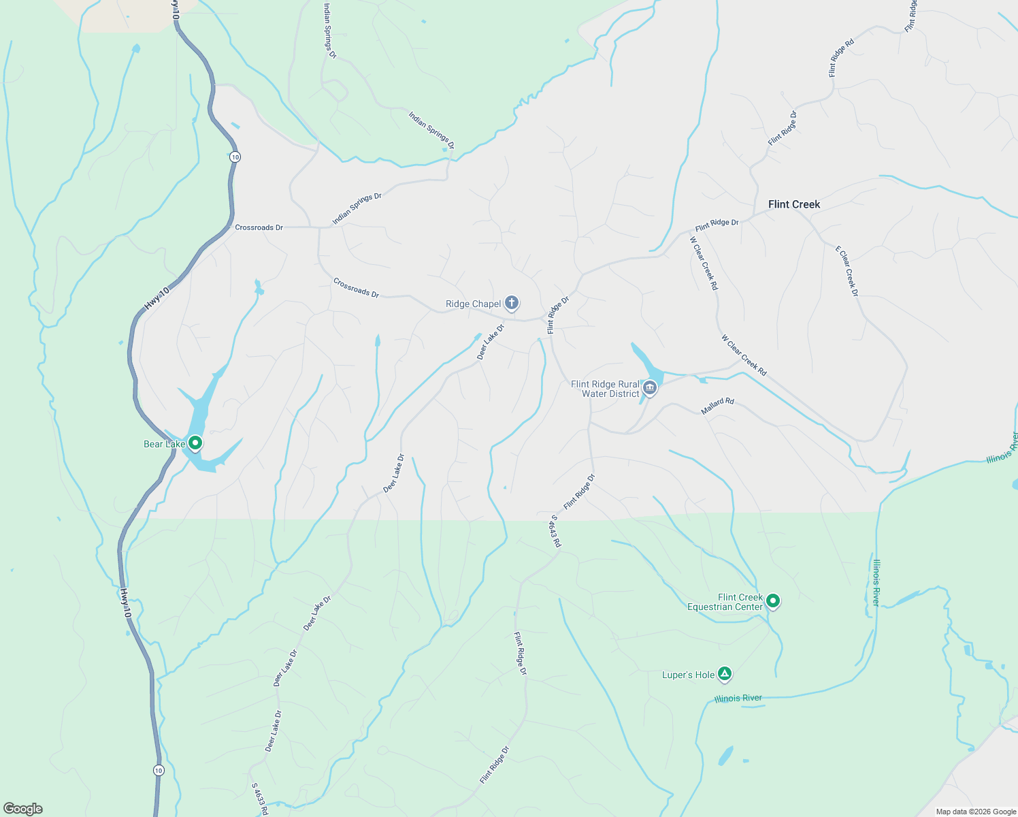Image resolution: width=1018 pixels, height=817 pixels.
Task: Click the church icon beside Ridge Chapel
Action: (x=512, y=303)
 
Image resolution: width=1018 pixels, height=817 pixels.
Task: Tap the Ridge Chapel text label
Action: (x=473, y=304)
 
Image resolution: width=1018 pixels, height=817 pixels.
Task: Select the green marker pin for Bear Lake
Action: (x=195, y=443)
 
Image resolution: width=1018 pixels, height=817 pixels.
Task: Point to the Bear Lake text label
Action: (x=164, y=445)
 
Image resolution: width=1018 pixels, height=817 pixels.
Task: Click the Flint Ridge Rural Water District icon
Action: (x=650, y=388)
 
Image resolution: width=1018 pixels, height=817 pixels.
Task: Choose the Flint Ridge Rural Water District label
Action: (x=605, y=389)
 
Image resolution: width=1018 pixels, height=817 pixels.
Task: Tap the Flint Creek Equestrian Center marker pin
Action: (x=772, y=600)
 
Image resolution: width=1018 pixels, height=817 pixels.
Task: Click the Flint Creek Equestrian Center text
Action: (x=725, y=603)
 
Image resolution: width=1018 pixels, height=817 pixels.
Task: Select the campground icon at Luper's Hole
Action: (x=725, y=674)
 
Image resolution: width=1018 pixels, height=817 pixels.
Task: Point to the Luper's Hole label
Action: (x=688, y=675)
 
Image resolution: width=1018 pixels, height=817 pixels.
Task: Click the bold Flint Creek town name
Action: (x=794, y=204)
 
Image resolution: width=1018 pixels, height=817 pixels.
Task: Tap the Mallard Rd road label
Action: (x=717, y=406)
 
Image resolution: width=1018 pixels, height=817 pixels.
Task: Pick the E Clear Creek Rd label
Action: (x=847, y=271)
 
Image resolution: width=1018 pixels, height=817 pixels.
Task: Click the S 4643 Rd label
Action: (x=555, y=530)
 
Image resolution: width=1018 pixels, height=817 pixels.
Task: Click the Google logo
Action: (x=23, y=809)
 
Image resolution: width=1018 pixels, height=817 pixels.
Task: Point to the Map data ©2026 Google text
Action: (x=976, y=812)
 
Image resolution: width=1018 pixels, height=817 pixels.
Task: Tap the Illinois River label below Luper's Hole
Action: (x=738, y=699)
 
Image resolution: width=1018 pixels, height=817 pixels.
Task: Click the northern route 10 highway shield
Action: (x=235, y=157)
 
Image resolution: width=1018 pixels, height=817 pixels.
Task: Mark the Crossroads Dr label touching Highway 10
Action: (x=259, y=227)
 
